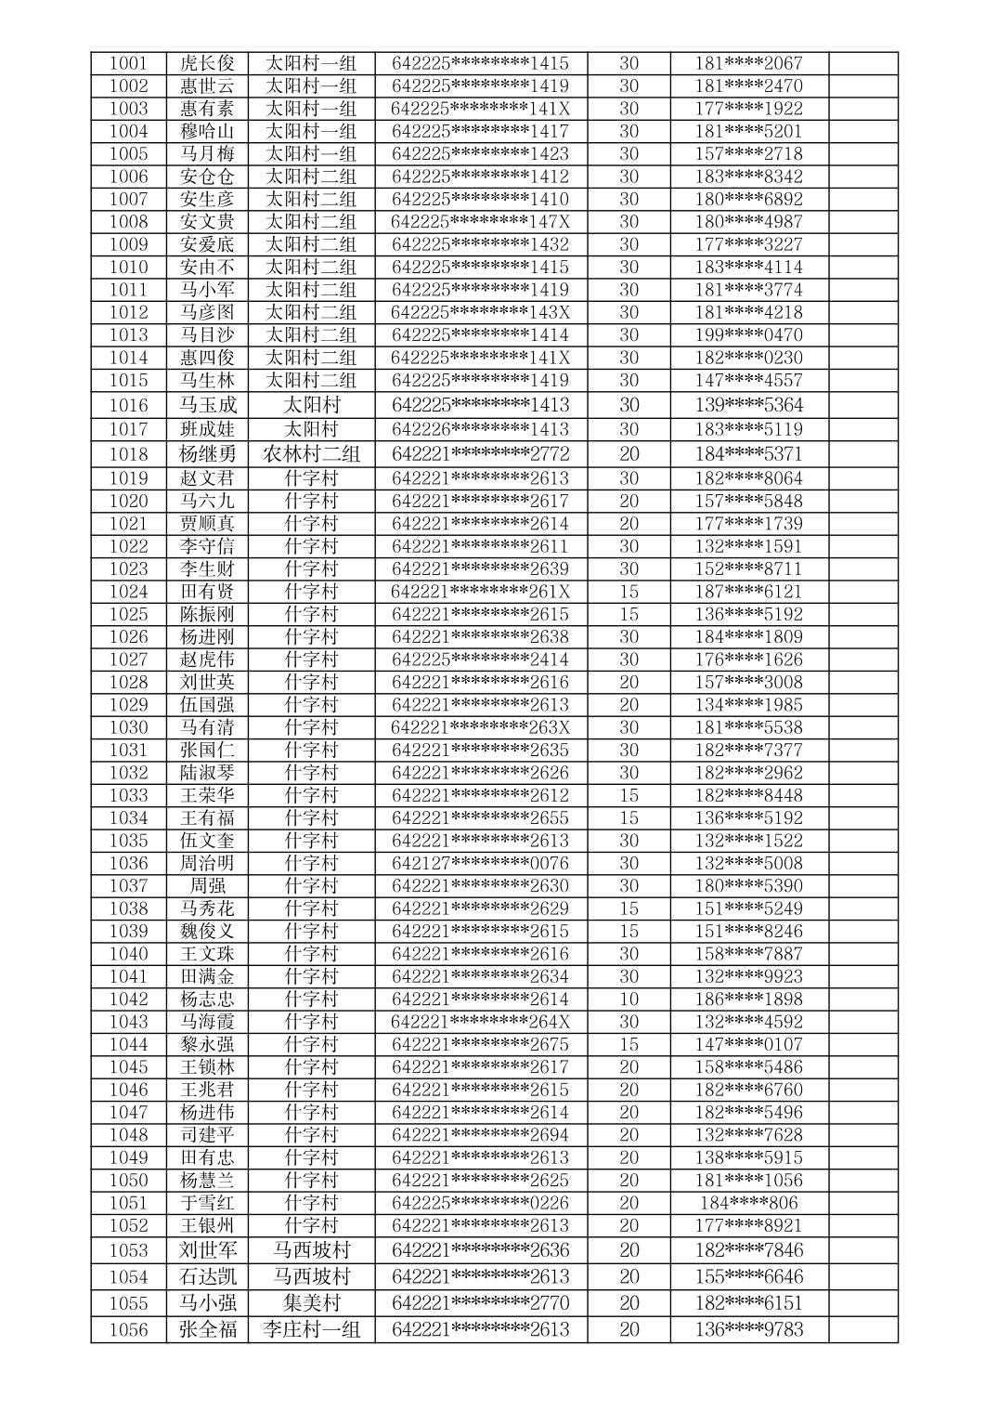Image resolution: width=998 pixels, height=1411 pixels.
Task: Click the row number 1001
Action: (128, 63)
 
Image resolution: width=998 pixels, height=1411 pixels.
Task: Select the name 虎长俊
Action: (207, 63)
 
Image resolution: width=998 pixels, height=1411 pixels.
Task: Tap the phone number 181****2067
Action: (748, 63)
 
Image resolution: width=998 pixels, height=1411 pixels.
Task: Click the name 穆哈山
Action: (207, 131)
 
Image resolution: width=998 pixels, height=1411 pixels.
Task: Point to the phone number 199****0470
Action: (748, 334)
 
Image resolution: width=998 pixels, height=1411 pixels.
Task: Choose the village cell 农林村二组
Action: (311, 453)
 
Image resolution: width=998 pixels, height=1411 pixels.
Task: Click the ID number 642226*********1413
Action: (480, 429)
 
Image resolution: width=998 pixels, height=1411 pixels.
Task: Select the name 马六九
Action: (207, 501)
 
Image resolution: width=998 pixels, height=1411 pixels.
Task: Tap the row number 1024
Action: (128, 592)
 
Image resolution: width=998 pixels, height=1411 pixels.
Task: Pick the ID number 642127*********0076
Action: (480, 863)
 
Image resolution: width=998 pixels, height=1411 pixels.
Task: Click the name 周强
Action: (207, 885)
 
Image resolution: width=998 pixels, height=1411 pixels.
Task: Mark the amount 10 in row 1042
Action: (629, 999)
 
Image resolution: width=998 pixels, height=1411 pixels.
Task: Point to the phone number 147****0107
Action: (748, 1044)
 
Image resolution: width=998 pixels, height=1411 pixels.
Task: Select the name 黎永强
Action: (207, 1044)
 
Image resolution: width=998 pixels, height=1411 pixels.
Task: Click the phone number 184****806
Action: (748, 1203)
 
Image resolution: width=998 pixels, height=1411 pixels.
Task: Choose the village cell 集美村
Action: (311, 1302)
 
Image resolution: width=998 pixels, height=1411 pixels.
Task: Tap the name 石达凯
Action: (207, 1275)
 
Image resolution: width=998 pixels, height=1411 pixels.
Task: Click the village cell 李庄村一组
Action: (311, 1329)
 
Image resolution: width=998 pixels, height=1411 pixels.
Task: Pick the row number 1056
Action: (128, 1329)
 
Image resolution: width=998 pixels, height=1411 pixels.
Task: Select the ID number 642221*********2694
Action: (480, 1134)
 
